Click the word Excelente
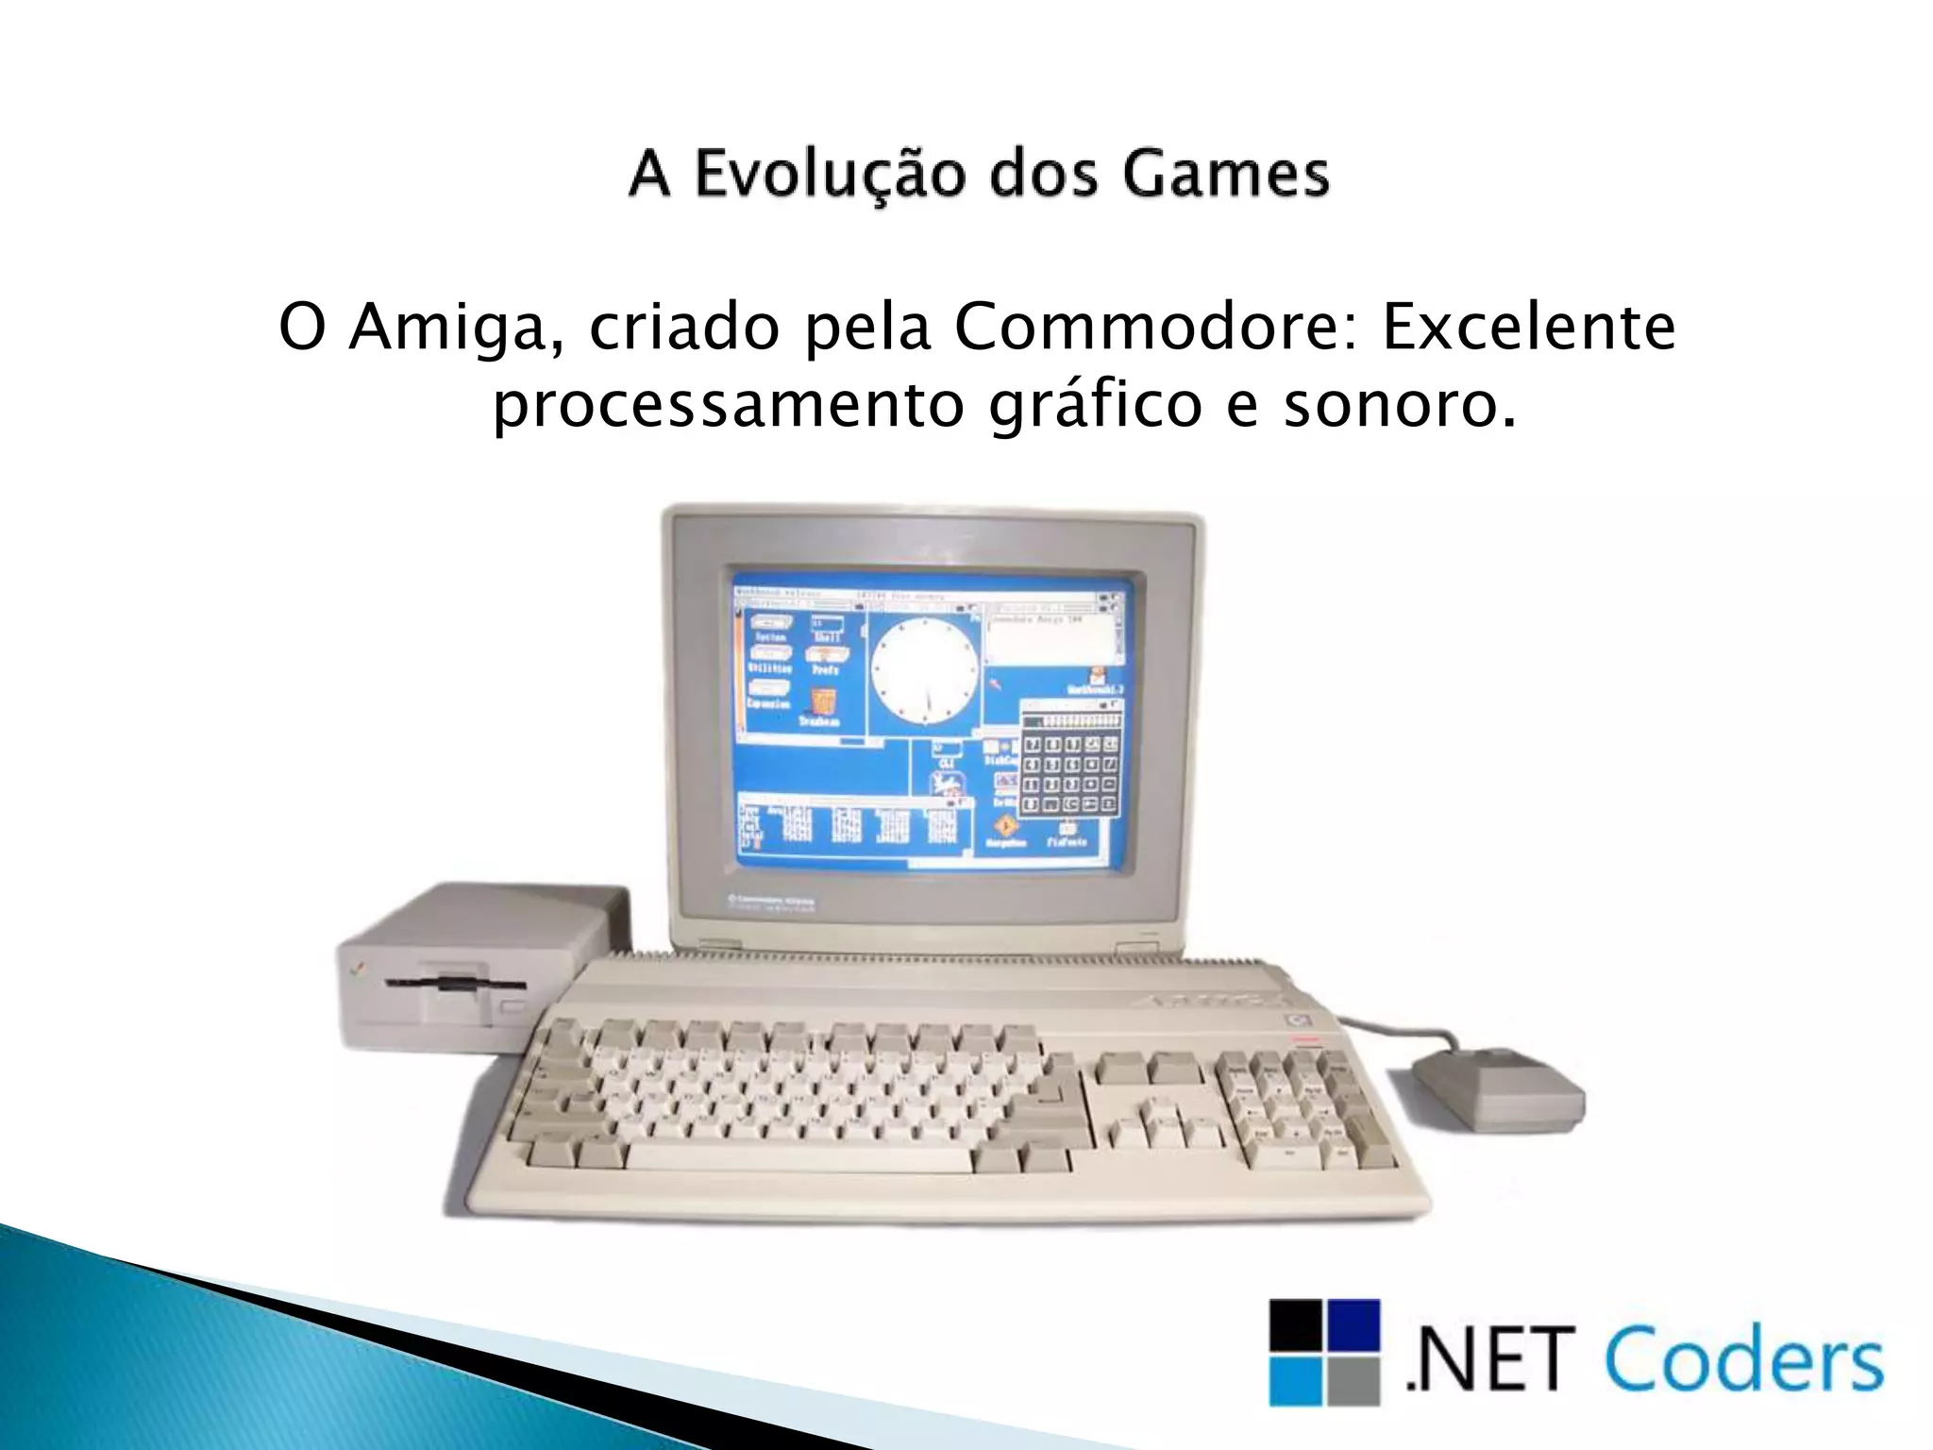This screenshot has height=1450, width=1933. (x=1529, y=328)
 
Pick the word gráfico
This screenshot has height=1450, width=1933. (x=1095, y=406)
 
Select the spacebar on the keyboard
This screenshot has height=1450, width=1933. (x=798, y=1157)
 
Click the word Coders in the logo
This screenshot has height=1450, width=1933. (x=1742, y=1360)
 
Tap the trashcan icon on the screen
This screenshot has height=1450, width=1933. (x=823, y=704)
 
